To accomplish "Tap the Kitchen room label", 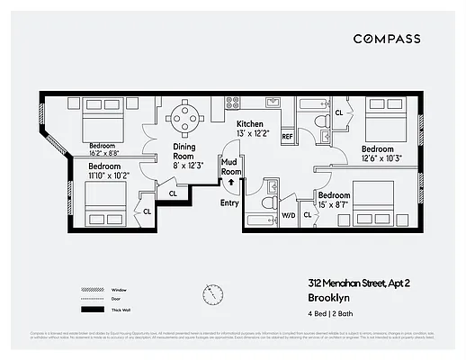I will click(250, 123).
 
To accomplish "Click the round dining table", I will click(184, 117).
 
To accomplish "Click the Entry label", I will click(229, 202).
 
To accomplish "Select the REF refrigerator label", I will click(288, 136).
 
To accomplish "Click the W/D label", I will click(290, 215).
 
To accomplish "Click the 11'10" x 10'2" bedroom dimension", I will click(109, 175).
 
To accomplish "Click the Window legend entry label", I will click(118, 291).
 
